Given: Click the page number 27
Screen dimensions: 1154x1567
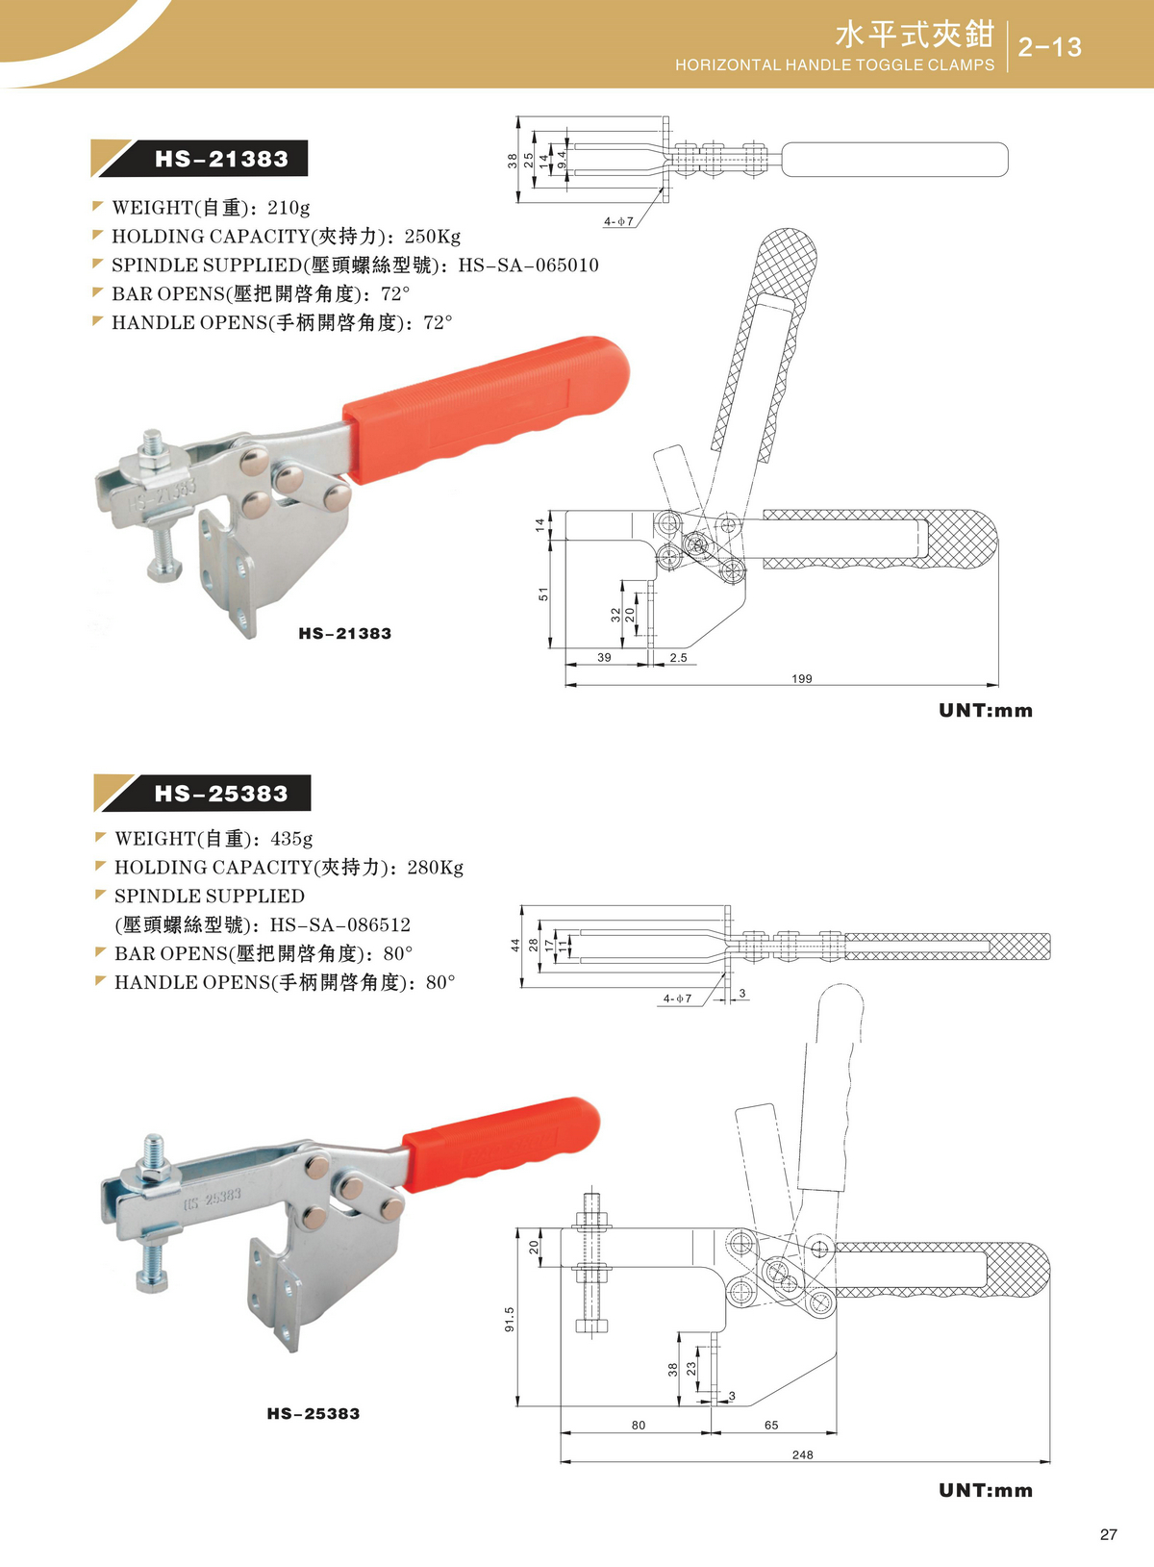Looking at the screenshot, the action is pyautogui.click(x=1109, y=1535).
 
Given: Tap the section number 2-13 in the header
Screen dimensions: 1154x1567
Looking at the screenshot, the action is pyautogui.click(x=1049, y=47).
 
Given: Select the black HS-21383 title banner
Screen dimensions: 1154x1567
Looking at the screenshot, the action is pyautogui.click(x=199, y=159).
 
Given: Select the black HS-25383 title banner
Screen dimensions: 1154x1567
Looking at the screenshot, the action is pyautogui.click(x=202, y=794).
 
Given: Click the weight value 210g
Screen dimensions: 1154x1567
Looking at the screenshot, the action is pyautogui.click(x=288, y=208).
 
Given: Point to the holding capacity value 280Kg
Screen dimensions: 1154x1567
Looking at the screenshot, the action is pyautogui.click(x=435, y=868).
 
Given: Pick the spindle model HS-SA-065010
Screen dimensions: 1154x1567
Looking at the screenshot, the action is pyautogui.click(x=528, y=265).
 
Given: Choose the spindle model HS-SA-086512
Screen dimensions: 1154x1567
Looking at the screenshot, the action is pyautogui.click(x=339, y=924).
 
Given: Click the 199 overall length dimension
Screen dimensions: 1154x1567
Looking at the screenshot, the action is pyautogui.click(x=801, y=678).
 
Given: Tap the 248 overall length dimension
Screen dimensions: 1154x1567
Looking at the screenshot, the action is pyautogui.click(x=802, y=1454).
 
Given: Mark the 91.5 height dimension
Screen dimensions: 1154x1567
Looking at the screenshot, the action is pyautogui.click(x=509, y=1319).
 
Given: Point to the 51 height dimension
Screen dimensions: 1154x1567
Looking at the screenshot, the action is pyautogui.click(x=543, y=594).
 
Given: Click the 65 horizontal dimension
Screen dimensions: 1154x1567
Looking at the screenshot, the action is pyautogui.click(x=770, y=1425).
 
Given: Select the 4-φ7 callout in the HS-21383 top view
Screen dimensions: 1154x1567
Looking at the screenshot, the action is pyautogui.click(x=618, y=222).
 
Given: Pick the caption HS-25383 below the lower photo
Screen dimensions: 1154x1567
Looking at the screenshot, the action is pyautogui.click(x=314, y=1413).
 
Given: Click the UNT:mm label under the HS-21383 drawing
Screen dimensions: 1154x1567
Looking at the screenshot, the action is pyautogui.click(x=986, y=710).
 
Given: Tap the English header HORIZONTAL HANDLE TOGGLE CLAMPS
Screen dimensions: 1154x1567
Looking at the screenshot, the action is pyautogui.click(x=835, y=65).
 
